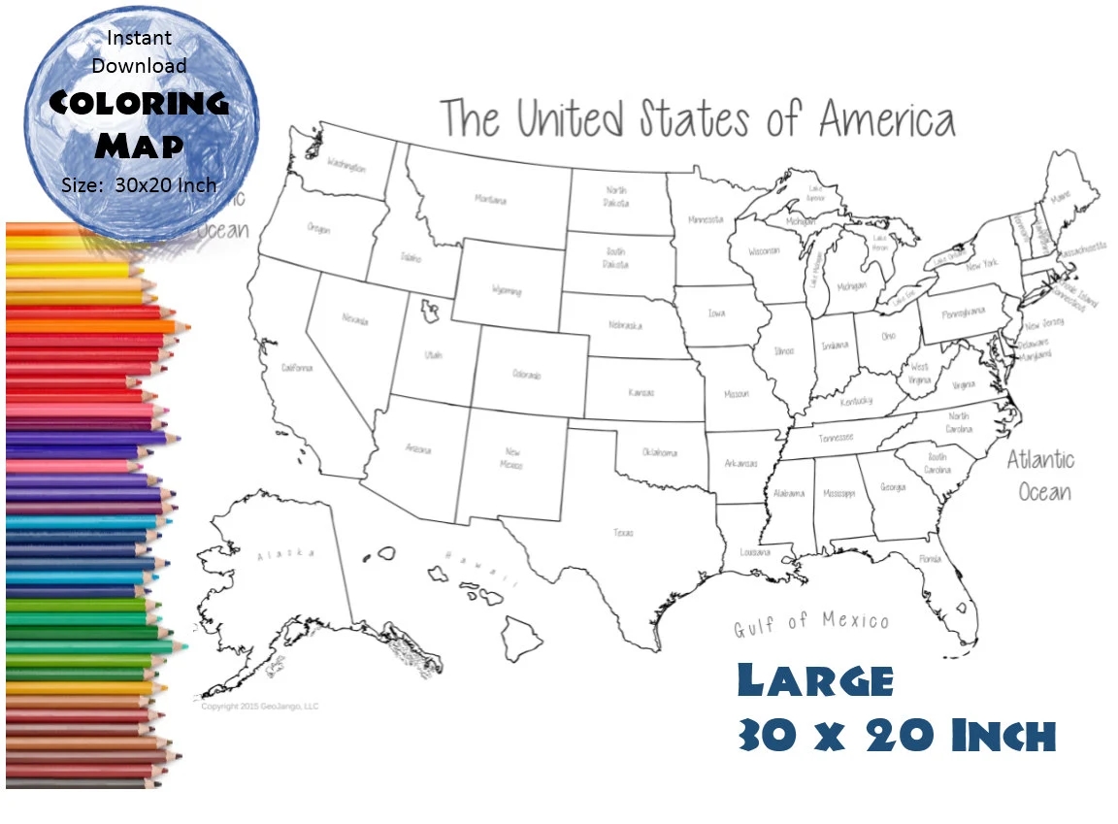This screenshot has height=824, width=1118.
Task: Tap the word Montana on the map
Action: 490,200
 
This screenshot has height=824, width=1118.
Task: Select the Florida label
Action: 930,559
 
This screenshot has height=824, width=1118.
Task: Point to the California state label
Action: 297,368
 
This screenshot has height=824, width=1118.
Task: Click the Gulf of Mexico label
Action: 810,622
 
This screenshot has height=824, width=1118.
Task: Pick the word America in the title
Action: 887,120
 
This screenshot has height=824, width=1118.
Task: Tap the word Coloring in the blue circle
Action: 139,103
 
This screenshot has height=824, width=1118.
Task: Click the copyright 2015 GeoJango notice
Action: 260,706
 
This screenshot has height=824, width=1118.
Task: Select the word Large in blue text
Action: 815,679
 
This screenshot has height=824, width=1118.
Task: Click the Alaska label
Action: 285,553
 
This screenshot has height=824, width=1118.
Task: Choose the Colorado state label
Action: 526,374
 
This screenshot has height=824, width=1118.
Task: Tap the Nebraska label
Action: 625,326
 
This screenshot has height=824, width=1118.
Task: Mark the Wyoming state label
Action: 507,290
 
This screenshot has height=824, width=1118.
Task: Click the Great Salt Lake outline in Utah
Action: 428,311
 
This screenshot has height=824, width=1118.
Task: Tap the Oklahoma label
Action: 660,453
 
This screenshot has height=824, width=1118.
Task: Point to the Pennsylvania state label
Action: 965,312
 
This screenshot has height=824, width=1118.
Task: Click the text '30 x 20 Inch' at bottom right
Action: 896,736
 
